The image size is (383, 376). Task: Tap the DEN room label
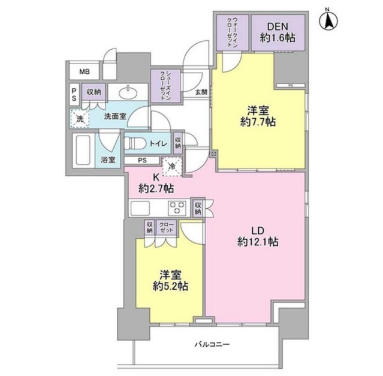[278, 26]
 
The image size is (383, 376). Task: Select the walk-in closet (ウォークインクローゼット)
[232, 32]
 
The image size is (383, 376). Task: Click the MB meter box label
[85, 71]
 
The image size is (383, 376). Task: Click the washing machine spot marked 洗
[79, 119]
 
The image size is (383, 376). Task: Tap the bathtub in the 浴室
[83, 150]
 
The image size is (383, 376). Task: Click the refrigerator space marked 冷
[172, 167]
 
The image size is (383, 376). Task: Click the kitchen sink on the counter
[140, 208]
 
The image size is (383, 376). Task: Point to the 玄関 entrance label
[201, 92]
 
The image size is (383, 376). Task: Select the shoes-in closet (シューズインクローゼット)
[165, 86]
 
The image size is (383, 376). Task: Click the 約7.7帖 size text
[258, 122]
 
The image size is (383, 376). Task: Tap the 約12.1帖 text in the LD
[258, 242]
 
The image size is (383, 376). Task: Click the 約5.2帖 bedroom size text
[170, 286]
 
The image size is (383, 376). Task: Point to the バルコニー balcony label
[212, 344]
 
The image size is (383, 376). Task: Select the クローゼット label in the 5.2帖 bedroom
[167, 228]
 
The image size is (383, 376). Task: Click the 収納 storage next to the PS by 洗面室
[94, 92]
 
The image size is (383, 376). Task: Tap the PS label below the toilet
[142, 160]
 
